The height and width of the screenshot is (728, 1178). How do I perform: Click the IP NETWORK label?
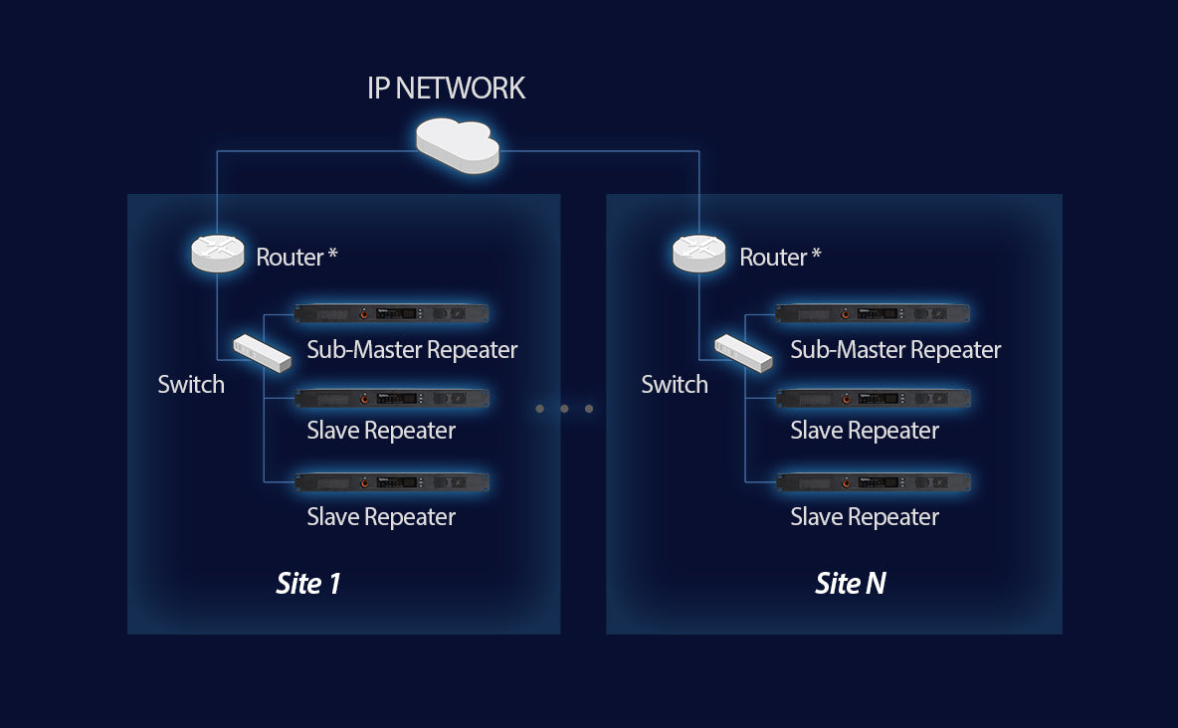click(446, 89)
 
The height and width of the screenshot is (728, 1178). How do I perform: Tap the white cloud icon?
click(457, 144)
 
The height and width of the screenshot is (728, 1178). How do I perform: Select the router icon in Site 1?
click(217, 254)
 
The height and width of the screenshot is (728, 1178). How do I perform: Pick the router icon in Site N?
click(699, 254)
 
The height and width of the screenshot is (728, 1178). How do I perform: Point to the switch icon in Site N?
click(743, 353)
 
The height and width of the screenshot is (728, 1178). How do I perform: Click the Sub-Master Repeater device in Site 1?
click(392, 313)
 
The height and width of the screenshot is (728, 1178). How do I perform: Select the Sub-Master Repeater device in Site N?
click(874, 313)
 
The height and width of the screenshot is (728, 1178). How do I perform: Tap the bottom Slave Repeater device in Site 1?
click(392, 482)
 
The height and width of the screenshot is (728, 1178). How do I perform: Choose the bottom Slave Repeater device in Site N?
click(874, 482)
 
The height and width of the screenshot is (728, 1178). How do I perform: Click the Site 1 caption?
click(308, 584)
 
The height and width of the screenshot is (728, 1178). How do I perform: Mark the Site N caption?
click(850, 584)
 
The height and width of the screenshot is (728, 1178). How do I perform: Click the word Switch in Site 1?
click(191, 385)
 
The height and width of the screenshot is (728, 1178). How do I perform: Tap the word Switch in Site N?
click(675, 385)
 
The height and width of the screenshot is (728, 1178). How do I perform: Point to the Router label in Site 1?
click(296, 258)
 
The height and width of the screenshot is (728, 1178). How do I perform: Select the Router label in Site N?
click(780, 258)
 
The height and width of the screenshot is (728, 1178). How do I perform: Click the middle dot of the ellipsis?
click(564, 409)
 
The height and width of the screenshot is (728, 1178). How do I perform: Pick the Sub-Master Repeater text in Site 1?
click(412, 350)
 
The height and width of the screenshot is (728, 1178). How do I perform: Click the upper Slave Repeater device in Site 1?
click(392, 398)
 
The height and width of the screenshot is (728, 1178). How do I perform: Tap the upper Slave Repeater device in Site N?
click(874, 398)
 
